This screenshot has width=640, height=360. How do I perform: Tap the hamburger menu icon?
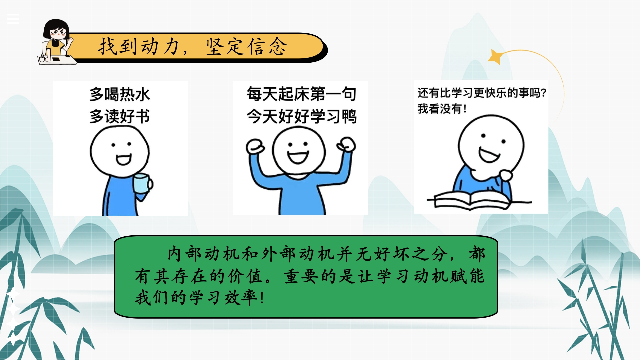point(13,19)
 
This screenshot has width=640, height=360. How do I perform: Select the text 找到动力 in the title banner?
point(139,46)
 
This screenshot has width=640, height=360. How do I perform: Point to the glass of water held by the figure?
point(141,183)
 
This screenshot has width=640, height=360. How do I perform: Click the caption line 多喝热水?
point(120,94)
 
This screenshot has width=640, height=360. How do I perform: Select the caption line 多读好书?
point(120,116)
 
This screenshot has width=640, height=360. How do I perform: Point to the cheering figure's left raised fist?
point(255,147)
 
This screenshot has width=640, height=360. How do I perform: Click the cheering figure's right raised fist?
point(347,145)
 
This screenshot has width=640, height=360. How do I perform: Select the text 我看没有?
point(442,109)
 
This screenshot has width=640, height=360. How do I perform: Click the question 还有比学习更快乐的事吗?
point(482,93)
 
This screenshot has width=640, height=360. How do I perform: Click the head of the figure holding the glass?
point(120,152)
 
